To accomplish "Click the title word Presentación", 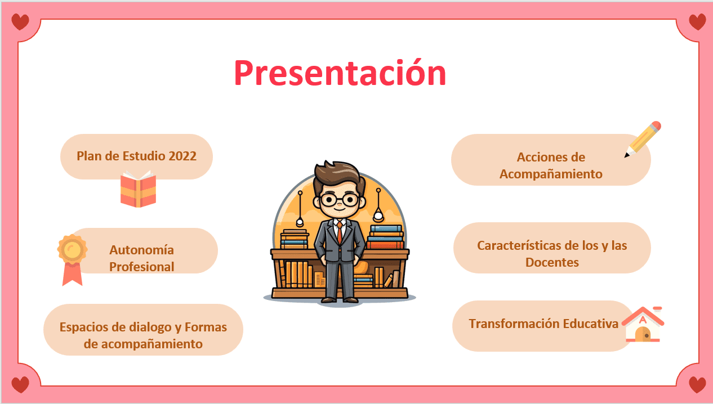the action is [340, 73].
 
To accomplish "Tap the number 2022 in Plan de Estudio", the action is [182, 156].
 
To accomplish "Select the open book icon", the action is [138, 189].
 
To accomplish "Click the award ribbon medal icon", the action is [72, 260].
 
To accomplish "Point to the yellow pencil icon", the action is [643, 140].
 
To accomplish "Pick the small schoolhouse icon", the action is [643, 325].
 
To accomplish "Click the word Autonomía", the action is [142, 250].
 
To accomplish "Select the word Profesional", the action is [142, 267].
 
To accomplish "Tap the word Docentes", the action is [552, 262].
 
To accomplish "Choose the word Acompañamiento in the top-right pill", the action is [551, 174].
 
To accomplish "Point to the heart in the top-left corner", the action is [20, 22].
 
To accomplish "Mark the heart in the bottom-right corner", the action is [697, 384].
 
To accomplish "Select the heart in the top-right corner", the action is [697, 22].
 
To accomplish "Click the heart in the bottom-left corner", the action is [20, 384].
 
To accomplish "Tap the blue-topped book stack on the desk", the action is [385, 237].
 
